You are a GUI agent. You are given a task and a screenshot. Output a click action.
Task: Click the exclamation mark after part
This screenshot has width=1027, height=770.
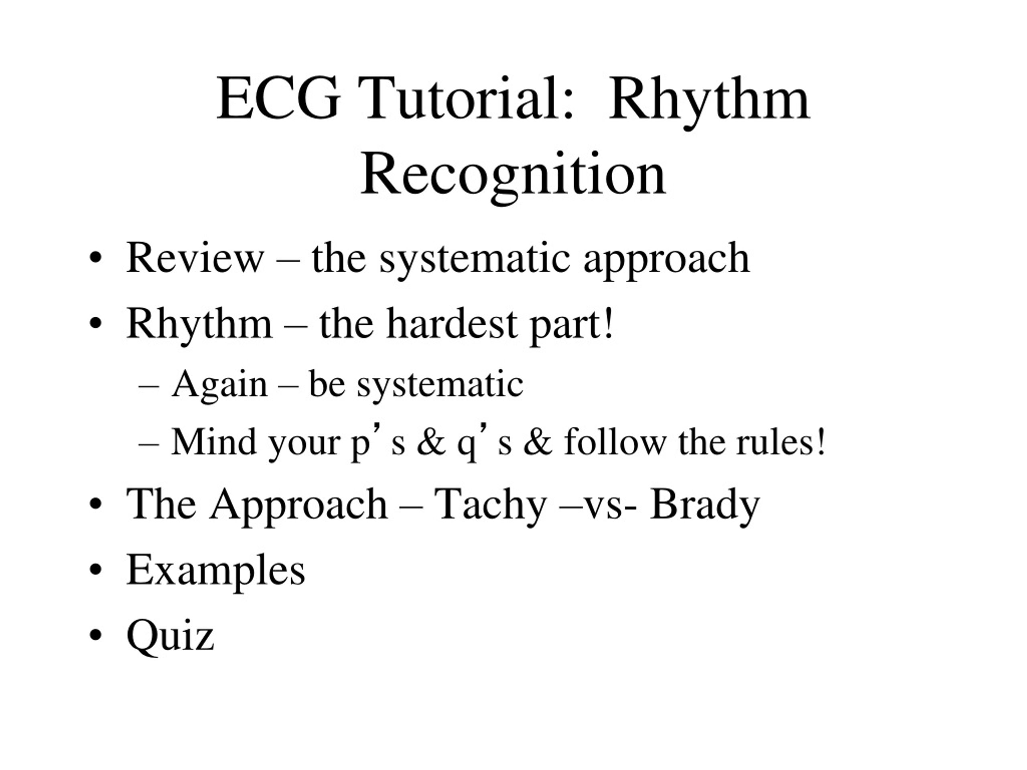click(x=609, y=324)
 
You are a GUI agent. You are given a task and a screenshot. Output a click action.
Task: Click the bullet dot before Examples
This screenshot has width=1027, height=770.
click(x=95, y=569)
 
